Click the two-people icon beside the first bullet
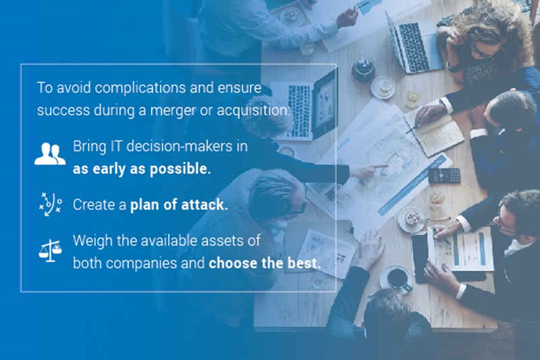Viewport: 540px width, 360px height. pyautogui.click(x=50, y=153)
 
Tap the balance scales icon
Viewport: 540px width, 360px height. pyautogui.click(x=50, y=251)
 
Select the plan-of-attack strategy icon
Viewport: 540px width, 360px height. pyautogui.click(x=50, y=204)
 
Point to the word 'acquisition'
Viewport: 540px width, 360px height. pyautogui.click(x=254, y=110)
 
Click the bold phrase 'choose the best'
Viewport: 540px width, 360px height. pyautogui.click(x=265, y=263)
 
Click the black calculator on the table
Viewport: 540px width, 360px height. pyautogui.click(x=444, y=176)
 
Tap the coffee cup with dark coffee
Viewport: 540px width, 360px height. pyautogui.click(x=398, y=278)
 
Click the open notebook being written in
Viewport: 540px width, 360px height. pyautogui.click(x=437, y=132)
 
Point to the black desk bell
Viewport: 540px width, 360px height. pyautogui.click(x=363, y=68)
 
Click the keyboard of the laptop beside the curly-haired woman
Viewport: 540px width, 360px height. pyautogui.click(x=414, y=47)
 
